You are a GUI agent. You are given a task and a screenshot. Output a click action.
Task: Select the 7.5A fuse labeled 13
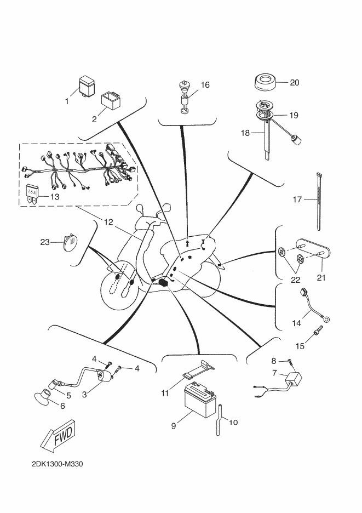tap(32, 195)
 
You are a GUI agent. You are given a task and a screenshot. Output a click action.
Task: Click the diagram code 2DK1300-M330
tap(57, 464)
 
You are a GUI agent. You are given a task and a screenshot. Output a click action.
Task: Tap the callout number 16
tap(205, 85)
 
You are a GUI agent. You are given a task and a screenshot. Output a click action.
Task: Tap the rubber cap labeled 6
tap(43, 395)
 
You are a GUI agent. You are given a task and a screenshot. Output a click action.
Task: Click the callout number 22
tap(296, 280)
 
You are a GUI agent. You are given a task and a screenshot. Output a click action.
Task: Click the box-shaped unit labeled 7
tap(293, 379)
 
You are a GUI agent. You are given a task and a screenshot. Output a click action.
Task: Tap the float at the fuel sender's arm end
tap(296, 141)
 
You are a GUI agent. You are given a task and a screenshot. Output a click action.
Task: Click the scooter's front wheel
tap(120, 287)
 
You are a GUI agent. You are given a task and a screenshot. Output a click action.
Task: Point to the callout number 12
tap(108, 222)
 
